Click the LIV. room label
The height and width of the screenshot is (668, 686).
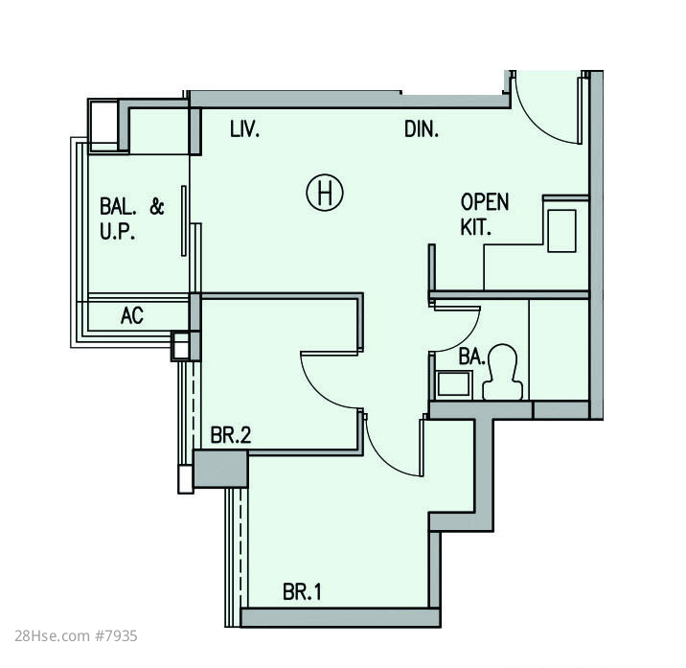[245, 129]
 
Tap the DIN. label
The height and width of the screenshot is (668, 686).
[422, 129]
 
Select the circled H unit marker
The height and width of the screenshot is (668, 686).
[325, 193]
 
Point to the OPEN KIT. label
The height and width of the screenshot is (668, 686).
[485, 215]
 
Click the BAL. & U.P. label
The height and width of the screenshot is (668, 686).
[131, 219]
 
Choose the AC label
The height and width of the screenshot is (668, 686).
[131, 315]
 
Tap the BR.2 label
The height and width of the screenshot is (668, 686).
[231, 435]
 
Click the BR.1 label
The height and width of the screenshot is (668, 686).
[302, 592]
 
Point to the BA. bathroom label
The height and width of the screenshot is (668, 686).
[471, 357]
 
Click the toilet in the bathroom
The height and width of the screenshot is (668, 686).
[503, 372]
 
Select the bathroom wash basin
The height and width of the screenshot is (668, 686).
[454, 384]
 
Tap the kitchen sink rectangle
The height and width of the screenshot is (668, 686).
[561, 231]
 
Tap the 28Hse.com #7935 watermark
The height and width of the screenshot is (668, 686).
[76, 635]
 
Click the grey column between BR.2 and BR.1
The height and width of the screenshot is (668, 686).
[220, 469]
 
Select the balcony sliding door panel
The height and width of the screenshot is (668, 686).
[184, 221]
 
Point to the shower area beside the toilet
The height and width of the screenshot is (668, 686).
[559, 350]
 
